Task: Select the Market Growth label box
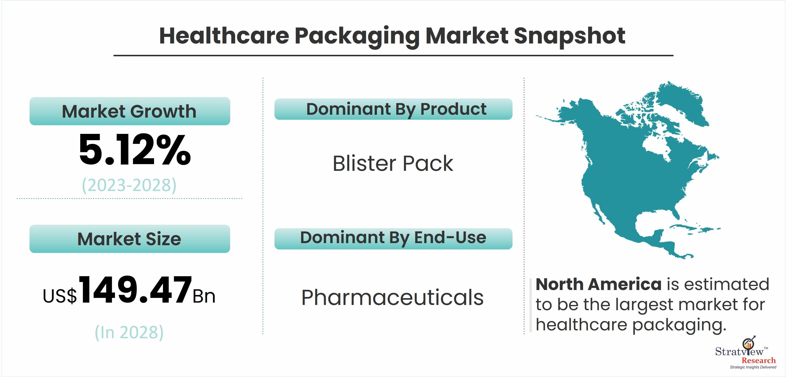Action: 130,111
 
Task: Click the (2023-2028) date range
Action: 129,185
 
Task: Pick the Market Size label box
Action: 130,239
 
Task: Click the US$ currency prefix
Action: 60,296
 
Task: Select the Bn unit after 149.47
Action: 204,296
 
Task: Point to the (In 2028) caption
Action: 129,332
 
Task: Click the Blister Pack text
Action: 393,163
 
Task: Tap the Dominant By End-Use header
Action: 393,239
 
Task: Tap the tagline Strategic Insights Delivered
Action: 753,367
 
